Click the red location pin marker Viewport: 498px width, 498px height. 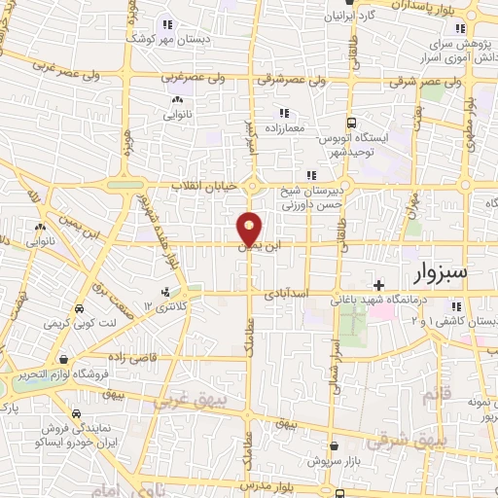[250, 228]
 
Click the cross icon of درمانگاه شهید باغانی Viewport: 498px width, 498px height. [378, 284]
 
